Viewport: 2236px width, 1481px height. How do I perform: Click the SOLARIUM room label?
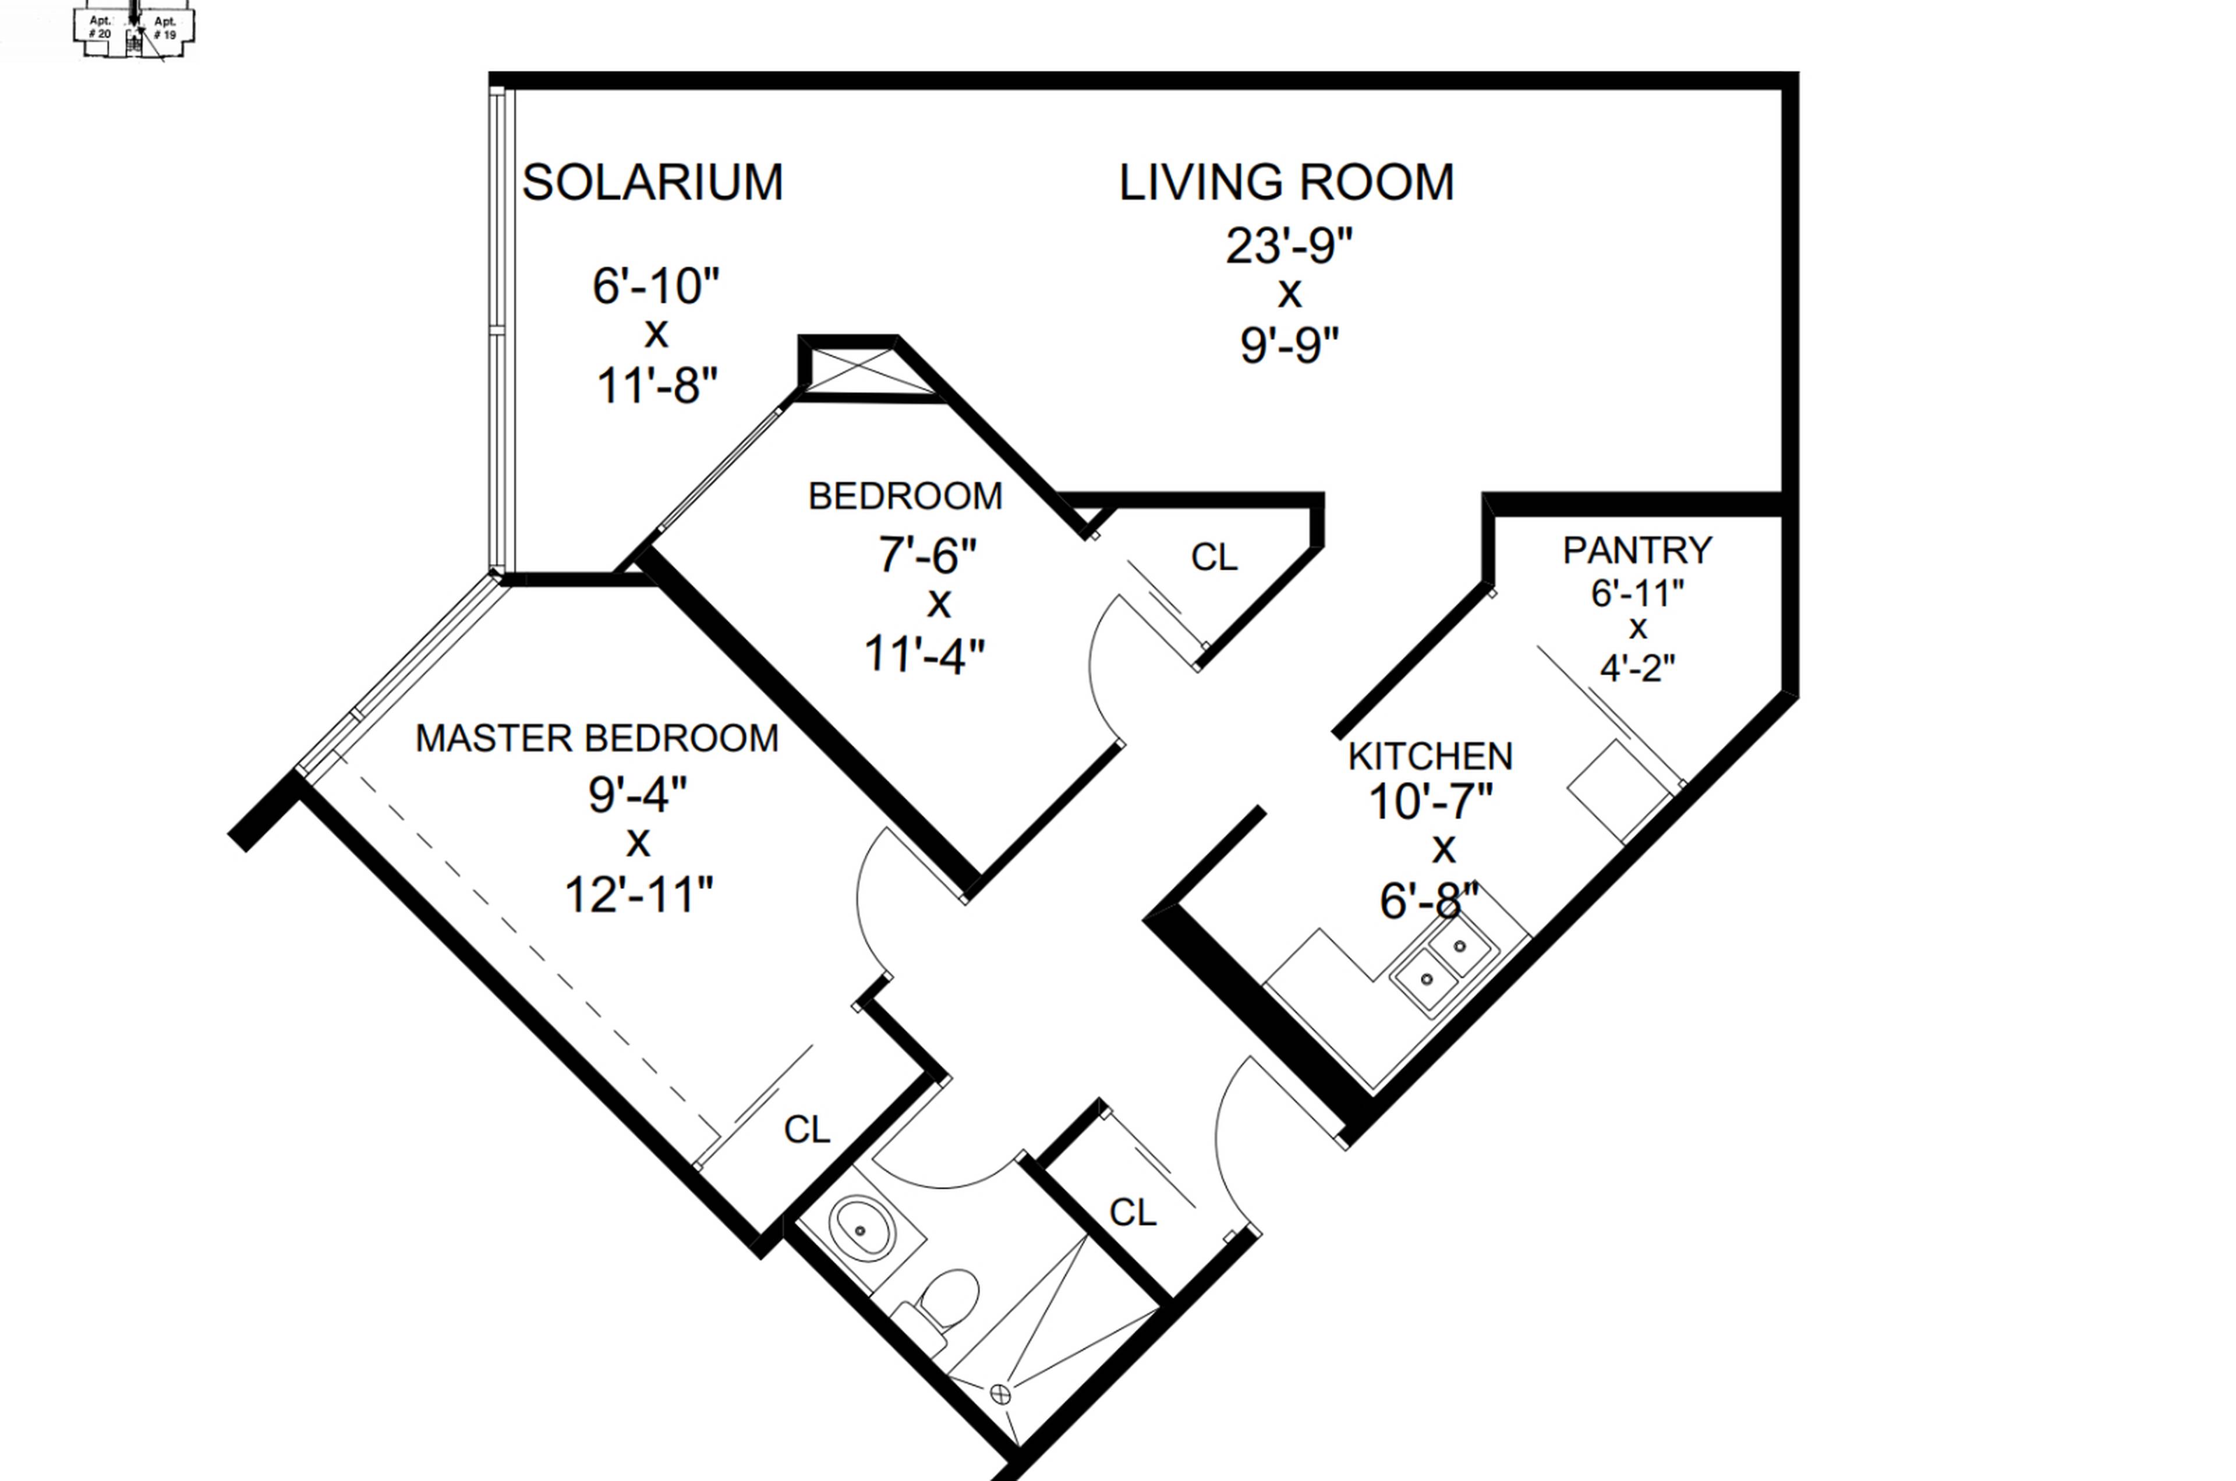coord(652,182)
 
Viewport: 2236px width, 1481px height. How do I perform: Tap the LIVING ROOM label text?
coord(1286,182)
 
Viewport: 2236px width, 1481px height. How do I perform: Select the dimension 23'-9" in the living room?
coord(1289,246)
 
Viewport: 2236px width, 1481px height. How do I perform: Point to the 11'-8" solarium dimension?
coord(657,385)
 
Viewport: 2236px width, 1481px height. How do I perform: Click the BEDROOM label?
coord(904,497)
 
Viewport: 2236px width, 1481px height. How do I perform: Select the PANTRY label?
coord(1636,550)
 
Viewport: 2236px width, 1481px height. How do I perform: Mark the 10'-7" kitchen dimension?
coord(1430,802)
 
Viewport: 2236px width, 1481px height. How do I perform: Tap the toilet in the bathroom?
coord(947,1299)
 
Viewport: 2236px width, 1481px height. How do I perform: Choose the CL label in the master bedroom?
coord(806,1129)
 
